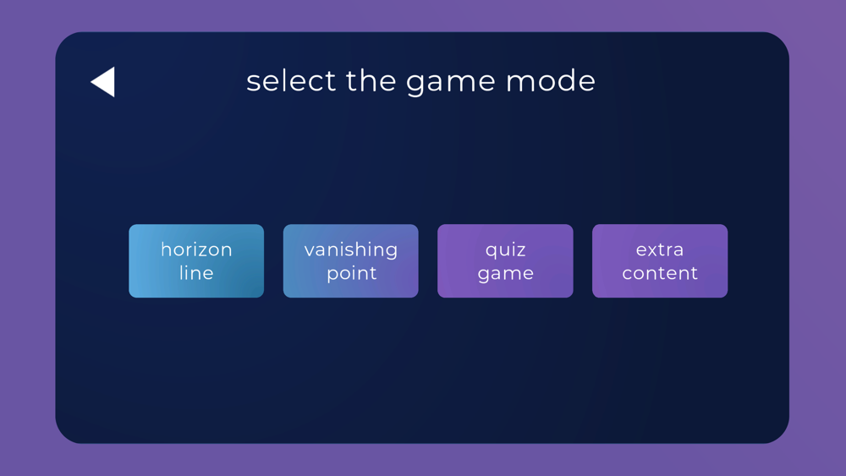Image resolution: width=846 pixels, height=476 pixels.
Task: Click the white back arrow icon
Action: click(x=102, y=82)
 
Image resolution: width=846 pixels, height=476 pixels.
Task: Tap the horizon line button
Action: click(x=196, y=261)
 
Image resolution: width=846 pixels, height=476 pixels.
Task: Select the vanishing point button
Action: click(x=351, y=261)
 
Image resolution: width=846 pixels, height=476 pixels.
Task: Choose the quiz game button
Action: click(x=505, y=261)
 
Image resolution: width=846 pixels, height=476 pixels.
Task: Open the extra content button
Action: click(x=660, y=261)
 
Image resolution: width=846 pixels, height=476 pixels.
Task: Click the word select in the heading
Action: click(x=291, y=81)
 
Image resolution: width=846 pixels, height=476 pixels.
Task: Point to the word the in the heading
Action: click(x=371, y=81)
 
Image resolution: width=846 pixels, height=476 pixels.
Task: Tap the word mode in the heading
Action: click(x=551, y=81)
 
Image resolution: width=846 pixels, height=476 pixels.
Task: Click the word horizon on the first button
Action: click(x=196, y=249)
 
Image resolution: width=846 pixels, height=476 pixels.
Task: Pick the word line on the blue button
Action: click(x=196, y=273)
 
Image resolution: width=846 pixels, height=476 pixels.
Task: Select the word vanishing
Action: click(x=351, y=250)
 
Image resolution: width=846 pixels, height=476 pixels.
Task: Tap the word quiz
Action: click(x=506, y=250)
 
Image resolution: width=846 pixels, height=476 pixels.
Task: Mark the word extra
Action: click(x=660, y=250)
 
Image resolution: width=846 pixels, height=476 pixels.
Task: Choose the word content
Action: click(x=660, y=274)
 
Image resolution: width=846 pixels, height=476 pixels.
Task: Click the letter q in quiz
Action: click(x=491, y=252)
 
